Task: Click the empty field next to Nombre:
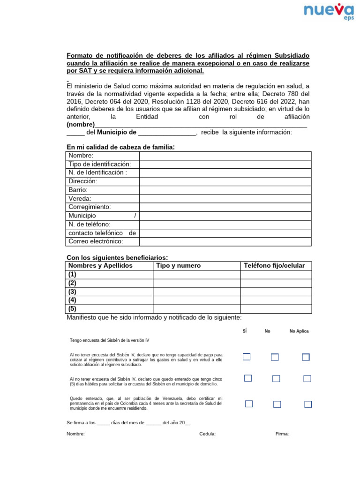coord(225,156)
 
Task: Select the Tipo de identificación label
coord(99,164)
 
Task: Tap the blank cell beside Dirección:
coord(225,181)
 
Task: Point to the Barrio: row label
coord(78,190)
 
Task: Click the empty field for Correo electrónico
coord(225,241)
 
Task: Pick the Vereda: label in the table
coord(80,198)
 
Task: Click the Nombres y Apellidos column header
coord(100,266)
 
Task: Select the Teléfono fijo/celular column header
coord(274,266)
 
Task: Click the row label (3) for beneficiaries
coord(72,292)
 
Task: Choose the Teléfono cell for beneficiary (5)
coord(276,309)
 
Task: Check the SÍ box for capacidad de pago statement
coord(247,357)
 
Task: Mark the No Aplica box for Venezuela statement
coord(308,404)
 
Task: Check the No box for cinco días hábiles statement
coord(276,378)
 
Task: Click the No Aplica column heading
coord(299,331)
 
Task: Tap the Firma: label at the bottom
coord(282,434)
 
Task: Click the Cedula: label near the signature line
coord(207,434)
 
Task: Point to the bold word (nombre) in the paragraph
coord(81,125)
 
